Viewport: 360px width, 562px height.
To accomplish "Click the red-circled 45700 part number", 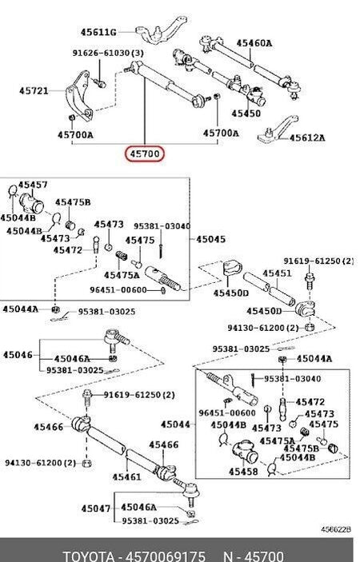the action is [145, 154].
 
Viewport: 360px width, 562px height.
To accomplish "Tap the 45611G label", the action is [98, 32].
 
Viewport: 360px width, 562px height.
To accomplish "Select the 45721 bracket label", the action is [34, 90].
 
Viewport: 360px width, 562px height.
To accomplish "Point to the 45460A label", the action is [254, 43].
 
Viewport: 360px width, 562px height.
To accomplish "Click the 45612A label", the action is [307, 138].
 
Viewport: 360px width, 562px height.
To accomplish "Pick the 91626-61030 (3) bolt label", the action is [108, 53].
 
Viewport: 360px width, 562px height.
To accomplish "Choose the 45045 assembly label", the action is [211, 239].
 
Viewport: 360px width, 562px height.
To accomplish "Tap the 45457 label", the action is [33, 185].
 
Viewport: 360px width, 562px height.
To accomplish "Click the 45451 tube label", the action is [277, 273].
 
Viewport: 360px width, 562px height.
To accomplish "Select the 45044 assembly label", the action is [175, 424].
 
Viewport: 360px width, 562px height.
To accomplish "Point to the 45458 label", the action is [243, 472].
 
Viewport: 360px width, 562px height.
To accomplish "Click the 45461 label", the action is [126, 477].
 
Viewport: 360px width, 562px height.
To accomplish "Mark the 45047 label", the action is [95, 508].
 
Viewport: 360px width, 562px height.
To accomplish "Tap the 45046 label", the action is [18, 355].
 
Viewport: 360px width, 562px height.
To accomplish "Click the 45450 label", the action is [246, 114].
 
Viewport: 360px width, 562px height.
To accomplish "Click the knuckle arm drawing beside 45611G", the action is [162, 29].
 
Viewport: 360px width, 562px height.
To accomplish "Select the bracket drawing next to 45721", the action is [79, 96].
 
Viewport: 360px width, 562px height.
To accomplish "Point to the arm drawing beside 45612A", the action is [278, 130].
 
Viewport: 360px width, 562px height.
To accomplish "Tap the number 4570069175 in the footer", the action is [166, 556].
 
